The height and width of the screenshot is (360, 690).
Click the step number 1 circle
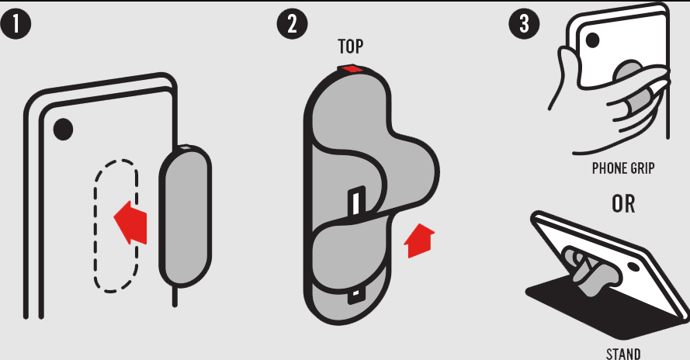[16, 24]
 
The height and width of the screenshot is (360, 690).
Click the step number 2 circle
[292, 24]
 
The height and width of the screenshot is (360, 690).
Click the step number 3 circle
[524, 24]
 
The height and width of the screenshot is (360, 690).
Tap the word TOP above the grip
[350, 47]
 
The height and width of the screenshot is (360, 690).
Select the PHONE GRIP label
[623, 168]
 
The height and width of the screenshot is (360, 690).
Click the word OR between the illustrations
[623, 204]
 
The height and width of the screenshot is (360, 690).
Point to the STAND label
[623, 354]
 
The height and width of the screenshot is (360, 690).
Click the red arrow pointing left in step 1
[130, 222]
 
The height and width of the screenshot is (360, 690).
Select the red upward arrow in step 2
[419, 241]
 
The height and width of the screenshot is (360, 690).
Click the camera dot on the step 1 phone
[63, 130]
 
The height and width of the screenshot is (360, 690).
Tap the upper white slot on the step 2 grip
[357, 201]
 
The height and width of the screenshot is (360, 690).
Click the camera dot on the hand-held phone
[592, 40]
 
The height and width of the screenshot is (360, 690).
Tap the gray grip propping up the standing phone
[590, 271]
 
